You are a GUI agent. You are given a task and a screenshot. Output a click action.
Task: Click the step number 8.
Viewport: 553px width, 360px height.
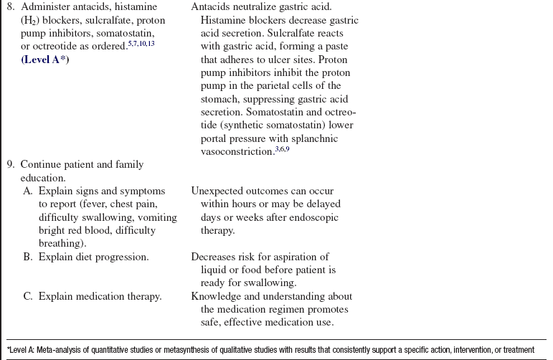click(x=10, y=7)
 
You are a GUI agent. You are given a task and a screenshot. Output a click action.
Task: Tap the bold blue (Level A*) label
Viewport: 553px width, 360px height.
click(x=45, y=60)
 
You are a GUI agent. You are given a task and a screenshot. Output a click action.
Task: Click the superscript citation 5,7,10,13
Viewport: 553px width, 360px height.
click(x=142, y=44)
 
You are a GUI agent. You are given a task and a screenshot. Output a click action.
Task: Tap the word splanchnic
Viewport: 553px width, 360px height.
click(x=328, y=138)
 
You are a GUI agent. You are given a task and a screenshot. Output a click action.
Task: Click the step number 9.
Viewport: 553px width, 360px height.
click(x=10, y=165)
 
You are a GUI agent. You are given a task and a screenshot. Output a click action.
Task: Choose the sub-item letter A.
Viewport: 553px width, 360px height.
click(x=28, y=191)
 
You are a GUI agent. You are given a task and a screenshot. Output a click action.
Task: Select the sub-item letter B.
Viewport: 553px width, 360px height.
click(x=28, y=257)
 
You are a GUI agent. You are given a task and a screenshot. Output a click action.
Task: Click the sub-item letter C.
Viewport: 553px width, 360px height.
click(x=28, y=296)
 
